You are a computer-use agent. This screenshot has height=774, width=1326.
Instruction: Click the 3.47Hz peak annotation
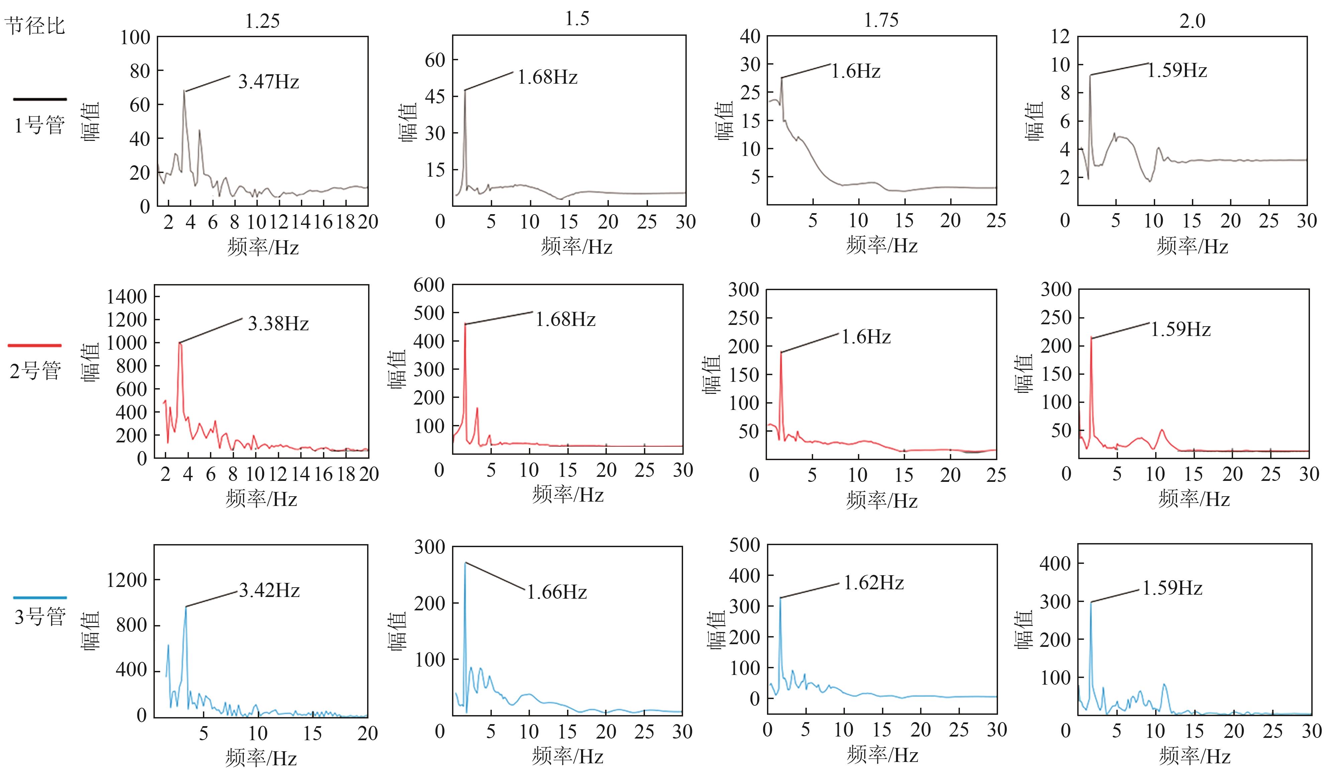tap(268, 82)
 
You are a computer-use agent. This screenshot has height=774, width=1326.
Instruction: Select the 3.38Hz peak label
tap(278, 324)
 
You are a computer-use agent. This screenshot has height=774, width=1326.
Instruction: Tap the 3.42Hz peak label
tap(269, 591)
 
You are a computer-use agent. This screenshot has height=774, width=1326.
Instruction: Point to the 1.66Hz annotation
tap(557, 592)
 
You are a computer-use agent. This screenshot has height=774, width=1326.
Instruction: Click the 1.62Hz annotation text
tap(874, 583)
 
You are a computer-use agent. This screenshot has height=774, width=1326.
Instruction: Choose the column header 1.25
tap(262, 21)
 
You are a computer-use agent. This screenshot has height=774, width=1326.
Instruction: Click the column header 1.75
tap(881, 20)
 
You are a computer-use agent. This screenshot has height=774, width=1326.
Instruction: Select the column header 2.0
tap(1192, 21)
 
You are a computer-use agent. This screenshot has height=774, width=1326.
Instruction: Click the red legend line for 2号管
tap(35, 345)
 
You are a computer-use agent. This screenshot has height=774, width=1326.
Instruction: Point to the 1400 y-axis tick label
tap(126, 296)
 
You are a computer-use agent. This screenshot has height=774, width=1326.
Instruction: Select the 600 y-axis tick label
tap(429, 285)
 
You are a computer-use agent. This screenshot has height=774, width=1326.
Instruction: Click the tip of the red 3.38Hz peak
tap(180, 343)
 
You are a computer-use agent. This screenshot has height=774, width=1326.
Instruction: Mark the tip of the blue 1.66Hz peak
tap(465, 562)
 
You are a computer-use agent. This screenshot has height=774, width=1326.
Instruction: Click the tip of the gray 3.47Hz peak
tap(184, 91)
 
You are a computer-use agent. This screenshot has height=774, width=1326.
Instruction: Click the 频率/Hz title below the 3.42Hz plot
tap(261, 758)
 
